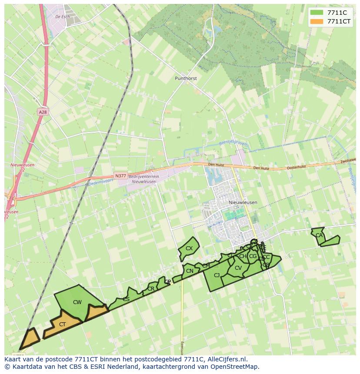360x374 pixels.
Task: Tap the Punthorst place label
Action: pos(186,79)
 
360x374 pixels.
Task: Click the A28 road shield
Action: pos(42,112)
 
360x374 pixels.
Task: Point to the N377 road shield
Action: pos(120,176)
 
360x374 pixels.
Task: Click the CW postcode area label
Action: pos(77,302)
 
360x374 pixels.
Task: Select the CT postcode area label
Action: pos(62,324)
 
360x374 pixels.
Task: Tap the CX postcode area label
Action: pos(189,248)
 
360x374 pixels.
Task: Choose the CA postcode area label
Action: pos(319,235)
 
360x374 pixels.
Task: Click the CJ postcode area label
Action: pos(217,275)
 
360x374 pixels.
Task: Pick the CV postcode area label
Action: pos(238,268)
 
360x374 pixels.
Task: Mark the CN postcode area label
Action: pos(190,271)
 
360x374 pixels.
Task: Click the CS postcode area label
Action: pos(126,299)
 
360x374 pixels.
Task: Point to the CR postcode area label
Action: pos(151,289)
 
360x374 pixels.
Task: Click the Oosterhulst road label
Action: pos(297,167)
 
